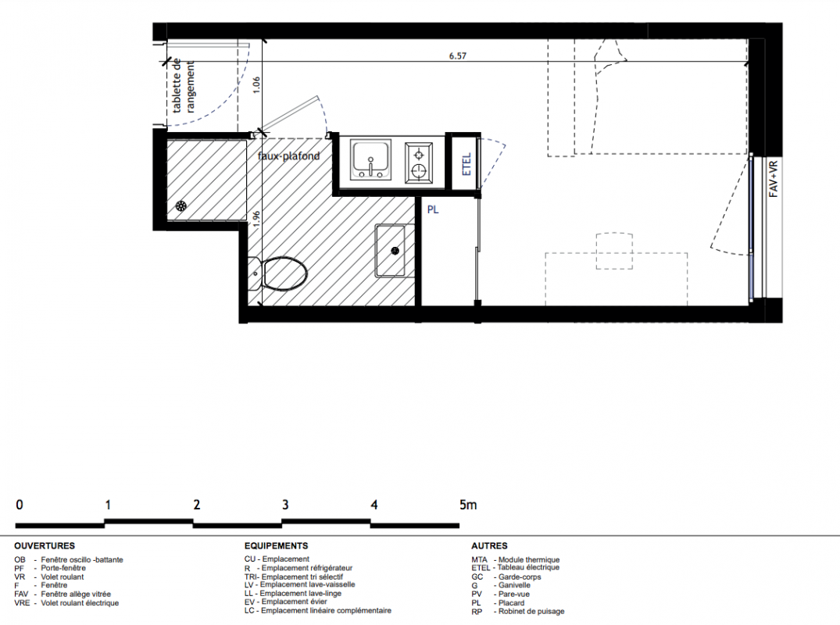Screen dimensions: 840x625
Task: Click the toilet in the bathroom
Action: tap(279, 274)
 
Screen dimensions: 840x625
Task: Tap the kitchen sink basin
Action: tap(370, 159)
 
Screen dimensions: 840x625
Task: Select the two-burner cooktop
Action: tap(418, 162)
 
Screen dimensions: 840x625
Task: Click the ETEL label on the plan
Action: tap(466, 164)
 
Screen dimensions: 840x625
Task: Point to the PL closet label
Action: tap(433, 210)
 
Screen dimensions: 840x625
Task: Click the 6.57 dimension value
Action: tap(457, 55)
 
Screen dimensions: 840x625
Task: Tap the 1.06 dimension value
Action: tap(256, 85)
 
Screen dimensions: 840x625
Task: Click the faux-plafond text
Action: tap(289, 155)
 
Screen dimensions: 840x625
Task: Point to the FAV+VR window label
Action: tap(774, 180)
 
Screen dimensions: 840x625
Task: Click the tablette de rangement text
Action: tap(183, 86)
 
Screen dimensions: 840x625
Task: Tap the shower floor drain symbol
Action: tap(181, 206)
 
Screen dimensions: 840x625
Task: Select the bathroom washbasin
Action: tap(390, 251)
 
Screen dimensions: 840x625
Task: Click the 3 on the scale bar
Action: tap(285, 505)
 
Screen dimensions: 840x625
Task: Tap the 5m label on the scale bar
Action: tap(468, 505)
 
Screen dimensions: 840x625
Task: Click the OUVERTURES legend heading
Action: tap(45, 546)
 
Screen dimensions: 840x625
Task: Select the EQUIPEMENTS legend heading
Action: tap(276, 546)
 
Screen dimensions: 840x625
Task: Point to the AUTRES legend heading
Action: tap(489, 546)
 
